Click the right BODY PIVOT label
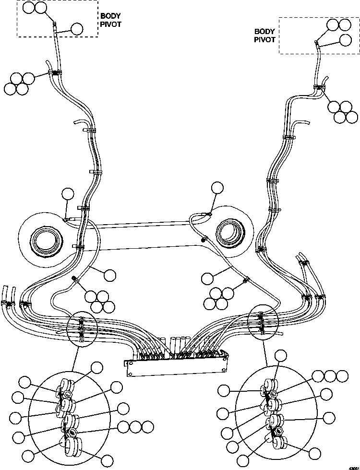265,36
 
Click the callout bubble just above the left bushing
68,194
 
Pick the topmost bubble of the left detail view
97,368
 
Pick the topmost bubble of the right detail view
281,356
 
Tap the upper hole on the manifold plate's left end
130,364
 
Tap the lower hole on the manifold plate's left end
130,373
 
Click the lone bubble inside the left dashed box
76,29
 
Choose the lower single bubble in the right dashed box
345,40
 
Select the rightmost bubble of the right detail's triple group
342,376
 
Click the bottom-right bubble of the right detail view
315,453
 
